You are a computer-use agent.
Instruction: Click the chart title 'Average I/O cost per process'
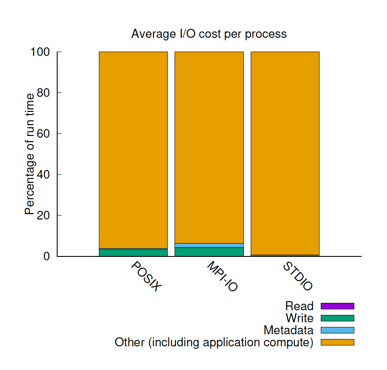point(209,34)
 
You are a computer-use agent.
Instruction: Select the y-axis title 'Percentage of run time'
point(29,154)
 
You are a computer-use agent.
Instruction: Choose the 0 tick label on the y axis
point(47,256)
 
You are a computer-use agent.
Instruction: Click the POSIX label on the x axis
point(146,277)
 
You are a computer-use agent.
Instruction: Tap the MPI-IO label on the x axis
point(222,277)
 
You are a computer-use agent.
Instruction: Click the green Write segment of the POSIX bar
point(133,253)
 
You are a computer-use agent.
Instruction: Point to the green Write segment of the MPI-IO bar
point(209,252)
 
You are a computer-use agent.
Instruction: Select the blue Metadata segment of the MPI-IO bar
point(209,245)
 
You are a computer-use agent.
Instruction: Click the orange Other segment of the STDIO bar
point(285,151)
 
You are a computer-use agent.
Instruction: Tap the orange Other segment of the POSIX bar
point(133,151)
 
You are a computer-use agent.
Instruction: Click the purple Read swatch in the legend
point(337,306)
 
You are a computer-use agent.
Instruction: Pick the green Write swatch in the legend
point(337,318)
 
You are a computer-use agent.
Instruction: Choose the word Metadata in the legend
point(289,330)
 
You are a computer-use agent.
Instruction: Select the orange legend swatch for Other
point(337,342)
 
